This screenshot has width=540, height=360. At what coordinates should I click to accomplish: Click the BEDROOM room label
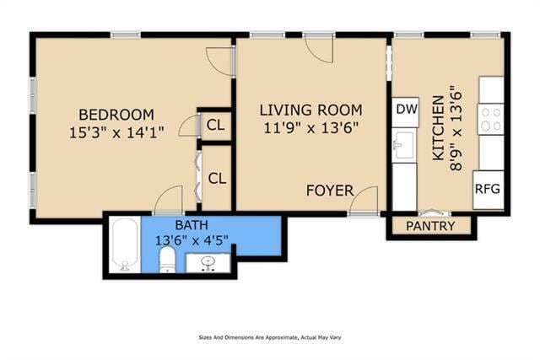pyautogui.click(x=116, y=115)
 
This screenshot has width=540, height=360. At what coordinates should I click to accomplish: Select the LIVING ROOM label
pyautogui.click(x=310, y=110)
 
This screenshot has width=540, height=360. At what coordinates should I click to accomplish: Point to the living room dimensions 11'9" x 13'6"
pyautogui.click(x=310, y=128)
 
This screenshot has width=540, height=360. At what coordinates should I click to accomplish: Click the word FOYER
pyautogui.click(x=329, y=191)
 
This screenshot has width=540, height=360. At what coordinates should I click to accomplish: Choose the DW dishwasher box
pyautogui.click(x=406, y=110)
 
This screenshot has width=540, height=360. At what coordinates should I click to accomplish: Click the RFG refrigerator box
pyautogui.click(x=487, y=189)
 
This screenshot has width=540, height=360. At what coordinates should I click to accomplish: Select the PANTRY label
pyautogui.click(x=430, y=226)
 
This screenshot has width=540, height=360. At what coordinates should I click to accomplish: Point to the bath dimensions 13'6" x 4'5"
pyautogui.click(x=191, y=240)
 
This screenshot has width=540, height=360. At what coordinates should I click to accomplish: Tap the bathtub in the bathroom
pyautogui.click(x=125, y=244)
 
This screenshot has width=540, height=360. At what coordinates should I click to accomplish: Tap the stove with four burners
pyautogui.click(x=490, y=119)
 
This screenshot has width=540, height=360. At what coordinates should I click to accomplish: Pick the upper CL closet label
pyautogui.click(x=216, y=126)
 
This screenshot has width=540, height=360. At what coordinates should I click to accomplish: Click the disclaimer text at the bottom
pyautogui.click(x=269, y=336)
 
